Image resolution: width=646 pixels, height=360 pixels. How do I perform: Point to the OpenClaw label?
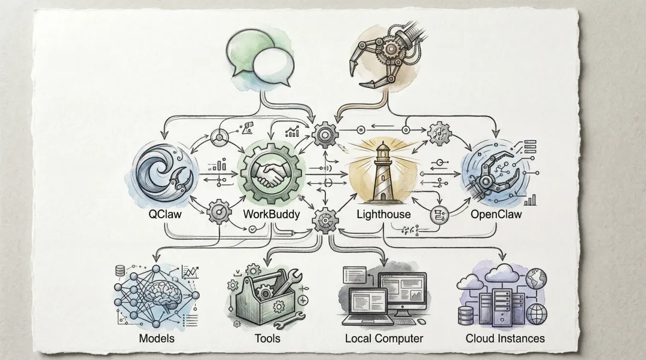[x=496, y=213]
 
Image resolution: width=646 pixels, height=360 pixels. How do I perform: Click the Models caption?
[x=157, y=338]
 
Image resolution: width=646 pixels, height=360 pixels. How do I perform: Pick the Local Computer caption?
[x=384, y=338]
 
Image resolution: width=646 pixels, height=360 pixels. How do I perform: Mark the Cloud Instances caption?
[x=505, y=338]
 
